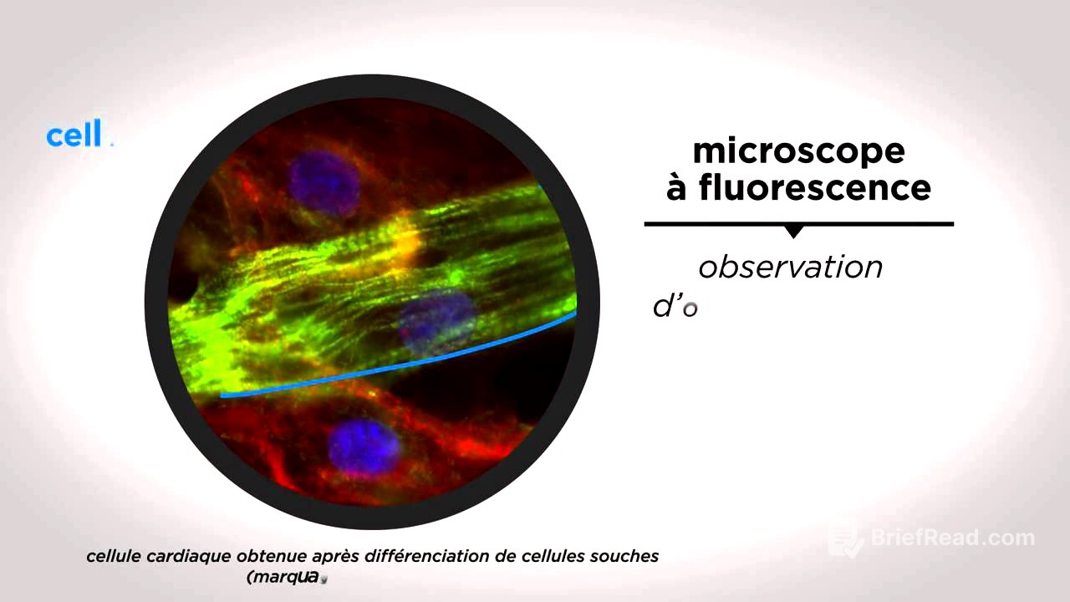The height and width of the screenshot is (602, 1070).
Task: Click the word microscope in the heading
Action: coord(798,151)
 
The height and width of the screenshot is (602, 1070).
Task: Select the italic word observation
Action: coord(790,268)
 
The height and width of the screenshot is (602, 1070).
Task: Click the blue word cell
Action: coord(74,135)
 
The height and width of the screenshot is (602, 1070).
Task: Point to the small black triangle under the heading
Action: coord(794,232)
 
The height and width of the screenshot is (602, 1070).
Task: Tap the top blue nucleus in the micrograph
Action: coord(324,183)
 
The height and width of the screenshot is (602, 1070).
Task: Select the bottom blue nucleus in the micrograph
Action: coord(364,447)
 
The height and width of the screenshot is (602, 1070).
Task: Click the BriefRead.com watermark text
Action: coord(952,538)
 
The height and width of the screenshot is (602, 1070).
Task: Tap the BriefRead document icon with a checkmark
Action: coord(845,538)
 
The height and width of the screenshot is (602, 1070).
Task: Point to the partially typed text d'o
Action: coord(674,307)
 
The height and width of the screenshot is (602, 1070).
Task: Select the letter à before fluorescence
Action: coord(677,187)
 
